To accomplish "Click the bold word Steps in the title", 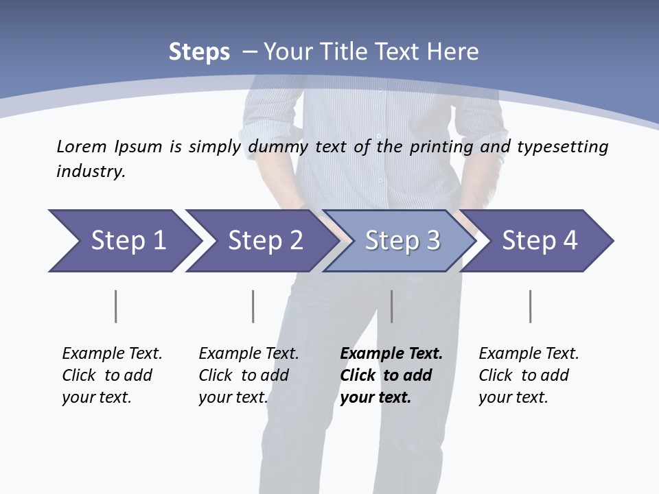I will [x=199, y=52].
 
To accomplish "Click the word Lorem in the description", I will [x=82, y=146].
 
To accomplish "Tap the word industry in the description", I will [x=91, y=171].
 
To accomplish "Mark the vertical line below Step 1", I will [x=115, y=306].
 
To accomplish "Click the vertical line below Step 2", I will [x=253, y=306].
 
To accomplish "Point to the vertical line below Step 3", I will [x=391, y=306].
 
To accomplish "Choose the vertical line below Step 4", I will [x=530, y=306].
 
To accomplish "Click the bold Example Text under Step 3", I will [x=391, y=354].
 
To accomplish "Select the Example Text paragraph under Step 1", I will [x=112, y=375].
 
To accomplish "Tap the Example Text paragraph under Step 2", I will [x=248, y=375].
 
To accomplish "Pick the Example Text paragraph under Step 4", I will [x=529, y=375].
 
